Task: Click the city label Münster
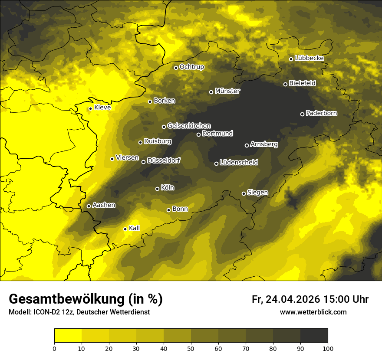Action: pos(227,91)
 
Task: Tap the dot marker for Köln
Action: pos(157,189)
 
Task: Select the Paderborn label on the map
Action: pos(322,113)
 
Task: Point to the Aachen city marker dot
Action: pos(89,206)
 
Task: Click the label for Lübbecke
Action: pos(310,58)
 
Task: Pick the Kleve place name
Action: pos(102,108)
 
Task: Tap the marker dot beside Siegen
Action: pos(244,193)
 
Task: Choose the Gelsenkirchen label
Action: pos(189,126)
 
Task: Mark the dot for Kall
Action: pos(125,229)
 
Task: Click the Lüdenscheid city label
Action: pos(239,163)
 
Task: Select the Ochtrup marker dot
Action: pos(176,68)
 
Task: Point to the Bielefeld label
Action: pos(303,83)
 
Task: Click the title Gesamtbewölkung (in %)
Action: pos(86,299)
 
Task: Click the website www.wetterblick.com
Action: pos(313,312)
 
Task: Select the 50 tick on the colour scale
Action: pos(191,348)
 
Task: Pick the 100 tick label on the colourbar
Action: pos(328,348)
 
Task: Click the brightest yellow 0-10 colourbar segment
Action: pos(68,336)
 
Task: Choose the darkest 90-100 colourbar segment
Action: pos(314,336)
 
